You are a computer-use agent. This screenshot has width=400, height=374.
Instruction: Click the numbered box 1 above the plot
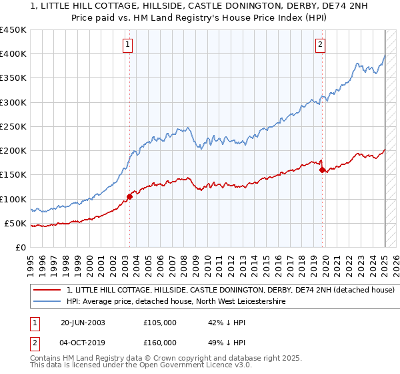127,45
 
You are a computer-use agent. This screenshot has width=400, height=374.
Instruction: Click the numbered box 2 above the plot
320,45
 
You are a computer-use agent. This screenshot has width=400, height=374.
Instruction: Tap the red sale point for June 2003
129,196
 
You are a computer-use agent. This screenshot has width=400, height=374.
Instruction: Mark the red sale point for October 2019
322,170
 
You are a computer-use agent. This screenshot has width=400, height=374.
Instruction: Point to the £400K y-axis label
13,54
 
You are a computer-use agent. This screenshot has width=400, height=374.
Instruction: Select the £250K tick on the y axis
13,126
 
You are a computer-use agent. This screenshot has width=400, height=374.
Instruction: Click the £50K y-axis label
16,223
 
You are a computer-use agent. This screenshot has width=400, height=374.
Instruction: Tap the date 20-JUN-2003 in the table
83,323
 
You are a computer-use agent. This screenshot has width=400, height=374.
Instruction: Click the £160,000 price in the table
160,343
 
